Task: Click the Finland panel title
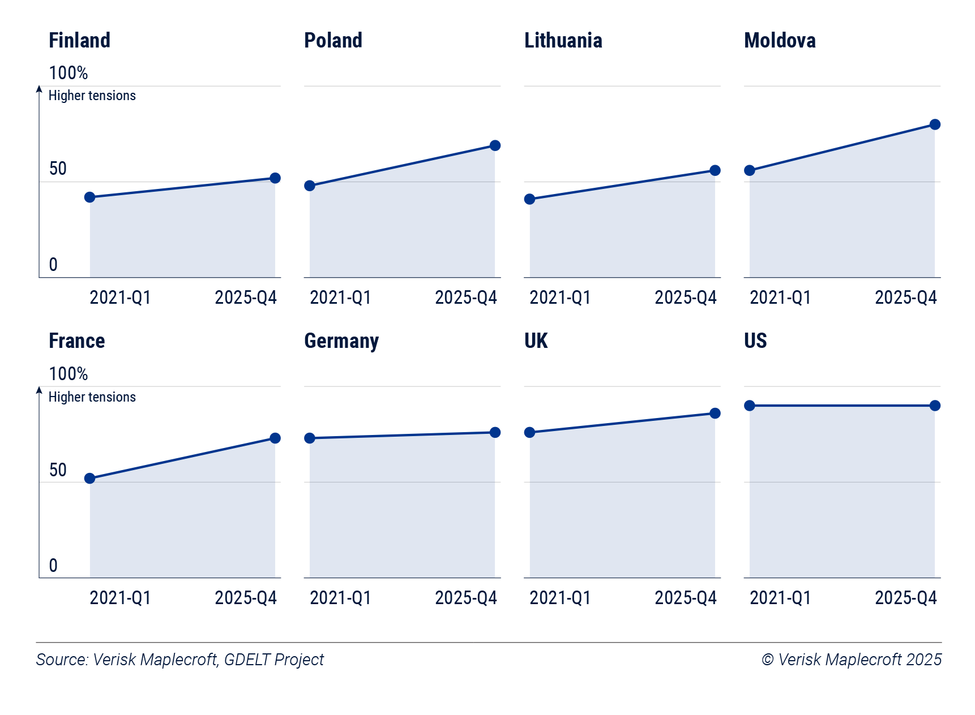79,40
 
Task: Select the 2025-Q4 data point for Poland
495,145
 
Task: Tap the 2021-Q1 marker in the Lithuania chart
529,199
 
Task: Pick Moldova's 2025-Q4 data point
935,124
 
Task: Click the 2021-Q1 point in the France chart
89,479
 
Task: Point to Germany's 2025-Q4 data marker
495,432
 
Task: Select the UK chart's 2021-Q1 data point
529,432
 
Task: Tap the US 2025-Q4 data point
935,406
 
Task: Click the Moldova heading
780,40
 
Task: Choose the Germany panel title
341,341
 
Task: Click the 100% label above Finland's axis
68,73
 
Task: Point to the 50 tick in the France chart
58,470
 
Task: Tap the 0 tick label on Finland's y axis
53,264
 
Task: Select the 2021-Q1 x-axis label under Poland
340,298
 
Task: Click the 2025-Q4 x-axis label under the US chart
905,598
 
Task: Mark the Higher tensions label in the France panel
92,397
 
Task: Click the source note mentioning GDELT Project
179,660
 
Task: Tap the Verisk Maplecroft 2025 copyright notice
852,660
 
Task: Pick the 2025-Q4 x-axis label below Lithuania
686,298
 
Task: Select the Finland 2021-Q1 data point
89,197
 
